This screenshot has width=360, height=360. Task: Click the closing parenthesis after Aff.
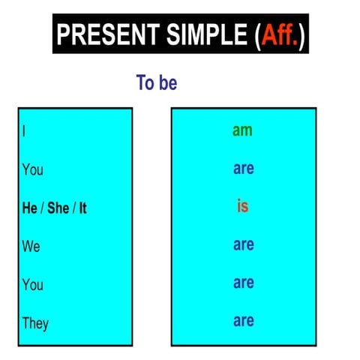pos(301,35)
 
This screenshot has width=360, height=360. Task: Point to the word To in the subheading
pos(144,82)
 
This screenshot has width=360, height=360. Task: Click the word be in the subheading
pos(167,82)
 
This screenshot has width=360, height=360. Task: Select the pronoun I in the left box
pos(24,130)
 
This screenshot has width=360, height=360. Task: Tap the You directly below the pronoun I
pos(32,169)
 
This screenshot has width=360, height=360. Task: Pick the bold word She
pos(58,208)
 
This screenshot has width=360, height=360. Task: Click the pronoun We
pos(31,246)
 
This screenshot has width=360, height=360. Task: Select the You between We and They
pos(32,285)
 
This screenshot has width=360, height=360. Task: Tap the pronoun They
pos(35,323)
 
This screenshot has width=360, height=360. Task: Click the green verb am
pos(242,130)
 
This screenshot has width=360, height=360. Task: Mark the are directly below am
pos(243,169)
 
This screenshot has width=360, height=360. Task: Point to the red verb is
pos(242,207)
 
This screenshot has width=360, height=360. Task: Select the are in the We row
pos(243,245)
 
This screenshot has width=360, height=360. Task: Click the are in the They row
pos(243,321)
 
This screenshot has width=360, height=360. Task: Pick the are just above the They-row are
pos(243,283)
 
